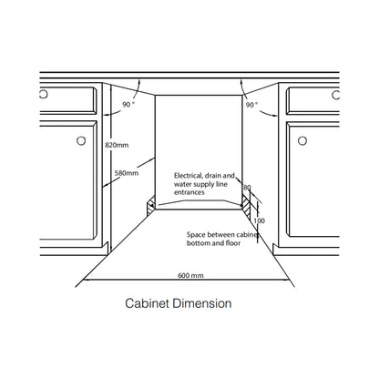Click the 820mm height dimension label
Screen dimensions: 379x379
(x=117, y=145)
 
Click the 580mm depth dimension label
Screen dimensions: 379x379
(x=127, y=173)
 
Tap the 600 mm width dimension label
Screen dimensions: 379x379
(x=190, y=275)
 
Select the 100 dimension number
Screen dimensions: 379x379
(x=259, y=220)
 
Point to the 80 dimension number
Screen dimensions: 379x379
(x=247, y=188)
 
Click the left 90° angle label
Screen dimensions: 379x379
(x=128, y=105)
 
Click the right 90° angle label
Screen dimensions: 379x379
(x=251, y=105)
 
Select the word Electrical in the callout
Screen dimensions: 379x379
(x=188, y=176)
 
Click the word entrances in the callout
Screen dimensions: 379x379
(x=189, y=192)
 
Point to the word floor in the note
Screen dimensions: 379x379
(x=233, y=243)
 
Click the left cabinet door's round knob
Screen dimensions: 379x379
(x=81, y=140)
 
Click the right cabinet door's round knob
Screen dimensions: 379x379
(x=302, y=140)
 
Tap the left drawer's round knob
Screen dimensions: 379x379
(x=44, y=94)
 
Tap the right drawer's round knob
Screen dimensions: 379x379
(x=335, y=95)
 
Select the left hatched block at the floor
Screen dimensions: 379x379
(x=151, y=206)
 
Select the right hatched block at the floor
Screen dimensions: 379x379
(x=246, y=207)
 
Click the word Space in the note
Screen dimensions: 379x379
(x=195, y=235)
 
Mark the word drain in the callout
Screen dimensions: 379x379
(x=213, y=176)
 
